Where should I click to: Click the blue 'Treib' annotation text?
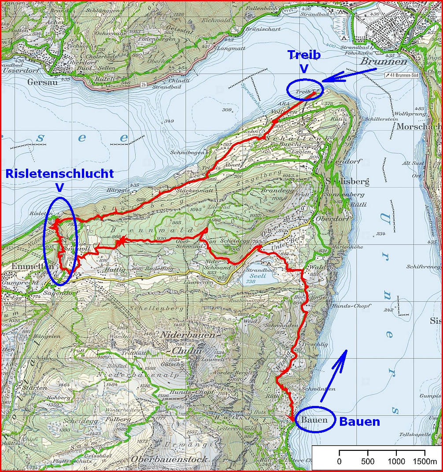click(304, 55)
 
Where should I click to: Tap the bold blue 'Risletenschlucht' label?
click(59, 173)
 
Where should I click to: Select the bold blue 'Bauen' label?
click(359, 421)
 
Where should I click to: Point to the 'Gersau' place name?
click(37, 82)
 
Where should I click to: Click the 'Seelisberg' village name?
click(343, 181)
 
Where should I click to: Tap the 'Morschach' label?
click(418, 126)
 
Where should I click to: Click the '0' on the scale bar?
click(339, 461)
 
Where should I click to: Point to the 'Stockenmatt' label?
click(189, 192)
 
